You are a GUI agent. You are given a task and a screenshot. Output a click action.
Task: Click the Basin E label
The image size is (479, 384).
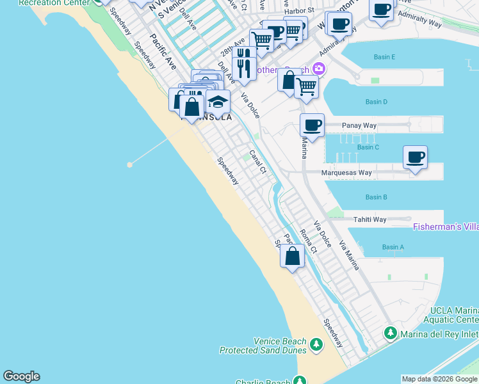pos(384,58)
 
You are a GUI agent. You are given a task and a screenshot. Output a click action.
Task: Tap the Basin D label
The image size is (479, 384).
pos(376,102)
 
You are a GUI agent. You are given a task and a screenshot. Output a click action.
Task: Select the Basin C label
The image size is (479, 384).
pos(368,147)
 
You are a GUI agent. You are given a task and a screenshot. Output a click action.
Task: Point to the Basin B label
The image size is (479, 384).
pos(376,197)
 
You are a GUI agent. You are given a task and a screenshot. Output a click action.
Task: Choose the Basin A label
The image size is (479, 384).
pos(393,247)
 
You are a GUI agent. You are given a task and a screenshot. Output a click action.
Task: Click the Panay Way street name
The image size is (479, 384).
pos(359,125)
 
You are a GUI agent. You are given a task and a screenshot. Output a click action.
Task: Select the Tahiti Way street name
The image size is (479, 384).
pos(370,220)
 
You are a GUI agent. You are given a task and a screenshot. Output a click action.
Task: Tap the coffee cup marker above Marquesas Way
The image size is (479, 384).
pos(415,157)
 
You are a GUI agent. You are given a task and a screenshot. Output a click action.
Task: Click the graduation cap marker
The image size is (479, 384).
pos(218,102)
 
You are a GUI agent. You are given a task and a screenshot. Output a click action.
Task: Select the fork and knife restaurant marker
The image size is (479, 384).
pos(243,67)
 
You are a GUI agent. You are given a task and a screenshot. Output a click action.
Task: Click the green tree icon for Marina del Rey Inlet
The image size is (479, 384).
pos(390,333)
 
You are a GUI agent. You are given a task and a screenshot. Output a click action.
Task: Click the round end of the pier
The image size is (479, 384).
pos(130,164)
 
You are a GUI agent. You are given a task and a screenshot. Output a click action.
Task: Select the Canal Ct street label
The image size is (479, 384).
pos(257,162)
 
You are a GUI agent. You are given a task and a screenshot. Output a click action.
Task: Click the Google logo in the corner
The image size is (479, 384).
pos(21,376)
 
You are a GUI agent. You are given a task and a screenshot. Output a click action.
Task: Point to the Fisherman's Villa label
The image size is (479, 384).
pos(446,227)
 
